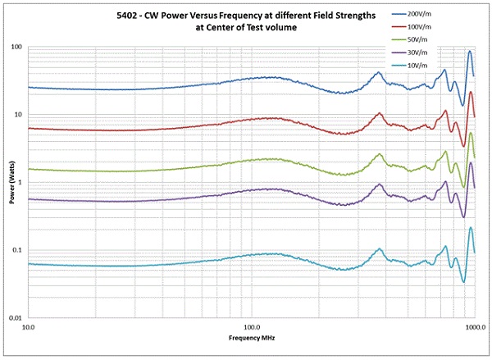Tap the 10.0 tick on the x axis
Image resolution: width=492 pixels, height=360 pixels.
(28, 328)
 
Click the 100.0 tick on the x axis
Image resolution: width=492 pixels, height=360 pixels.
(251, 328)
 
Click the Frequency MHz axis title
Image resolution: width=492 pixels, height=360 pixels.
(251, 338)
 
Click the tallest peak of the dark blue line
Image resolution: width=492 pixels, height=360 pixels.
(470, 52)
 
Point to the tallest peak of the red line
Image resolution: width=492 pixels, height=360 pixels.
(471, 93)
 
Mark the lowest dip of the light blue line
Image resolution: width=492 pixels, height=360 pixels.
(463, 282)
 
